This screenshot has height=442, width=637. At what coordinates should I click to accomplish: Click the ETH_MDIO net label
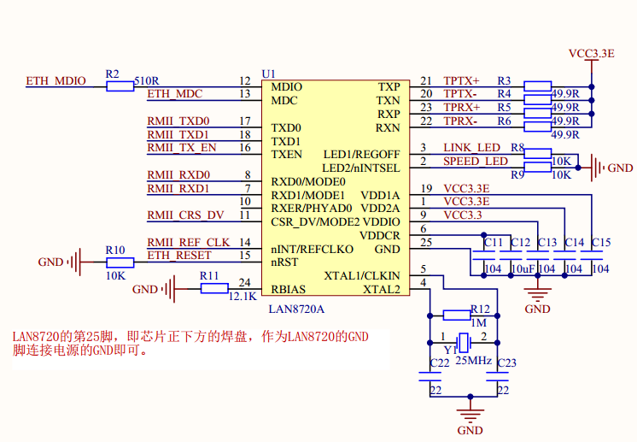pyautogui.click(x=56, y=81)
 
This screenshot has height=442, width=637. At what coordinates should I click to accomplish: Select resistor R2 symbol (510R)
pyautogui.click(x=120, y=85)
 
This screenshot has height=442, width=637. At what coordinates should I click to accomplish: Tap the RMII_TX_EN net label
pyautogui.click(x=182, y=148)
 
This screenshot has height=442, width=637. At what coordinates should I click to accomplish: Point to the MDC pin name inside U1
pyautogui.click(x=284, y=100)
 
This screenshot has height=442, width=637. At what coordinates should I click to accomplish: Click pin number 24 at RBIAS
pyautogui.click(x=244, y=283)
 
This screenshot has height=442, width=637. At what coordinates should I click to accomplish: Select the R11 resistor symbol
pyautogui.click(x=213, y=289)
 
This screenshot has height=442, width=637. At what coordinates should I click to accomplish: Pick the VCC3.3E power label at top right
pyautogui.click(x=592, y=53)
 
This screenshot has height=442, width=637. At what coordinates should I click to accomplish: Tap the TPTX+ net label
pyautogui.click(x=462, y=81)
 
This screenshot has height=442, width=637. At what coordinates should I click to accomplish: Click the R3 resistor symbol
pyautogui.click(x=537, y=85)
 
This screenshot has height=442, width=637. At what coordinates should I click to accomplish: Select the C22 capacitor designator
pyautogui.click(x=439, y=363)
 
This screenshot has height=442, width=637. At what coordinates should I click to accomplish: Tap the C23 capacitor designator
pyautogui.click(x=507, y=363)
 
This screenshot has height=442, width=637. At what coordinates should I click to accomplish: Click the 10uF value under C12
pyautogui.click(x=522, y=268)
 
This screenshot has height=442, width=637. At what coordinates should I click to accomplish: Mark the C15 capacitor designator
pyautogui.click(x=601, y=243)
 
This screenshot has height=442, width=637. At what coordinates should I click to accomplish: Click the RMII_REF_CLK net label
pyautogui.click(x=189, y=243)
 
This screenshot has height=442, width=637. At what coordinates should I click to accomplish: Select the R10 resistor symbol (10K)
pyautogui.click(x=115, y=262)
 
